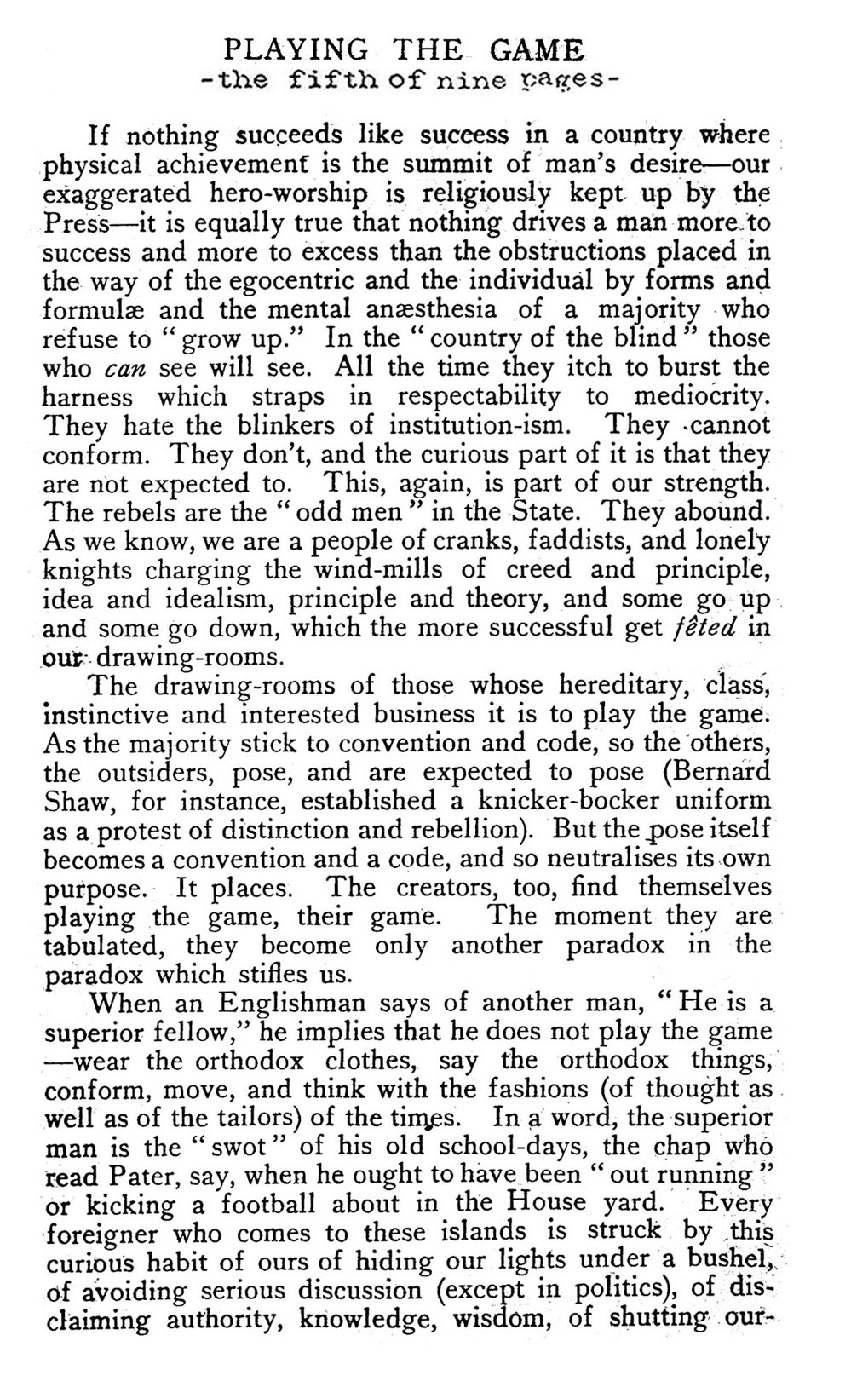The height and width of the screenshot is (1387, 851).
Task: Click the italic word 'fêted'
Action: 712,628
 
